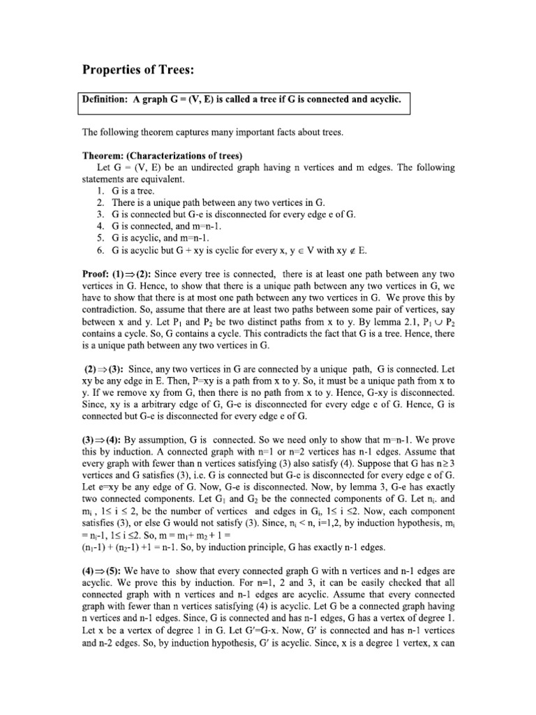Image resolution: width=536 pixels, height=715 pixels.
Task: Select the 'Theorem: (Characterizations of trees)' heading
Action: point(162,156)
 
